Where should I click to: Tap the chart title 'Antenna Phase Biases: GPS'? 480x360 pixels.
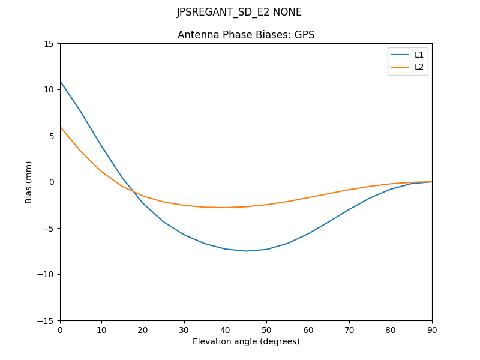(246, 35)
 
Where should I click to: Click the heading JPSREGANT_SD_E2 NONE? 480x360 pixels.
(239, 13)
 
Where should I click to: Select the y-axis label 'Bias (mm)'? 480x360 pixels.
(29, 182)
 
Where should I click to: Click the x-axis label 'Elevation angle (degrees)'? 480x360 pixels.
(246, 341)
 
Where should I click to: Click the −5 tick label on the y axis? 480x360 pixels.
(47, 228)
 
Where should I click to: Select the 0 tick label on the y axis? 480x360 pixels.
(52, 182)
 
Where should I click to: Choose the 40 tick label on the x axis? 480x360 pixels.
(226, 330)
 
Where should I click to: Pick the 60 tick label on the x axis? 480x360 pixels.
(308, 330)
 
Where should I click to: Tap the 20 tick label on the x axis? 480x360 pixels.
(143, 330)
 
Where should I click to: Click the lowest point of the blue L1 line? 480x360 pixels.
(246, 251)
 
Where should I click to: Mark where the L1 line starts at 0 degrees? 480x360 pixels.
(60, 80)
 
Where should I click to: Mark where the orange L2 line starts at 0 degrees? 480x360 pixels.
(60, 127)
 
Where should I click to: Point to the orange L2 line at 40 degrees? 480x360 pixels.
(226, 208)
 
